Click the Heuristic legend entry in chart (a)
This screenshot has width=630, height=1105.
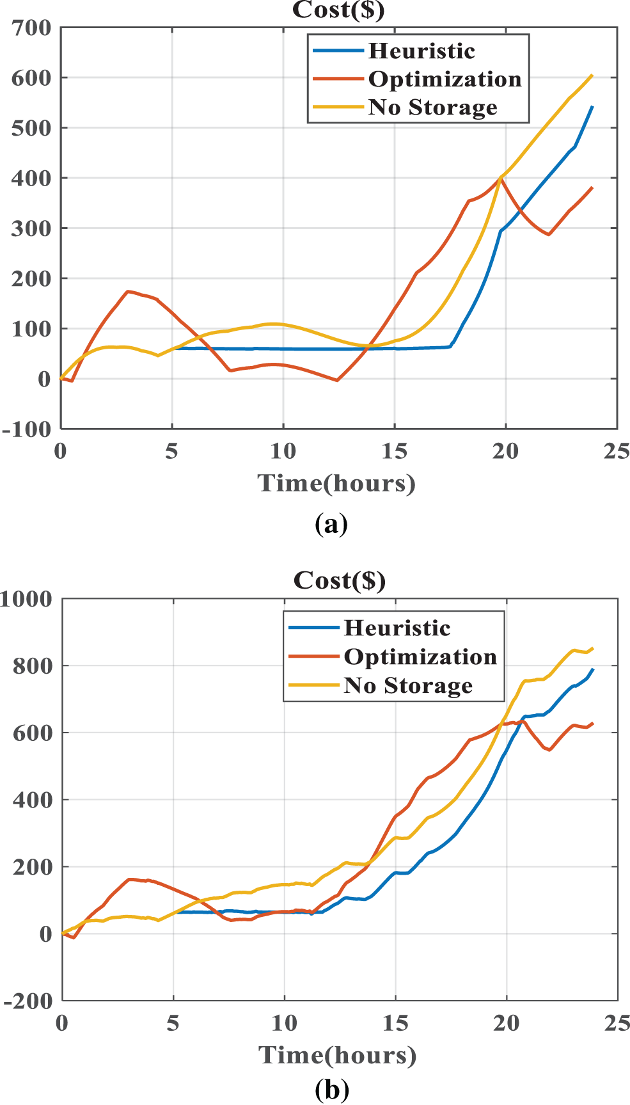(x=421, y=51)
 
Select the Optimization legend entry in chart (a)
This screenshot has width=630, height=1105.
(x=445, y=79)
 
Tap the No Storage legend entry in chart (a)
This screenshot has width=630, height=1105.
(x=432, y=107)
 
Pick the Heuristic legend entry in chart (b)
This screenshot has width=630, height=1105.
(x=397, y=628)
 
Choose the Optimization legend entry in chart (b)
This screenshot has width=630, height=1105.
(x=420, y=657)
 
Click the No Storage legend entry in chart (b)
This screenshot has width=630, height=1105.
(x=408, y=686)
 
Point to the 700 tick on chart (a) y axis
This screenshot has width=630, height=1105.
(x=31, y=28)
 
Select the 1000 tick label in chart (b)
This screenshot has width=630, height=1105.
(x=27, y=600)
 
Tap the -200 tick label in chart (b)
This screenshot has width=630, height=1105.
(x=28, y=1001)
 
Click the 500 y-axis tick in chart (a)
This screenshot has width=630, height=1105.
(x=31, y=128)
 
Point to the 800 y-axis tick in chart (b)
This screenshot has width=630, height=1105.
(x=33, y=666)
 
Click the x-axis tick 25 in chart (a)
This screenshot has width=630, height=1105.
(x=617, y=452)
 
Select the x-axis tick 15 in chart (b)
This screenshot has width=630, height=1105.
(x=395, y=1024)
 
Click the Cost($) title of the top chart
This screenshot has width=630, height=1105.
(x=338, y=10)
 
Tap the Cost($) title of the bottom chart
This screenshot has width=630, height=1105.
(x=340, y=580)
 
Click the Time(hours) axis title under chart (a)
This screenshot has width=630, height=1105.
(x=336, y=483)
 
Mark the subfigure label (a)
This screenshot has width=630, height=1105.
(x=331, y=524)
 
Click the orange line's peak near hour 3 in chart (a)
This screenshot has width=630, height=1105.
(x=128, y=291)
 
